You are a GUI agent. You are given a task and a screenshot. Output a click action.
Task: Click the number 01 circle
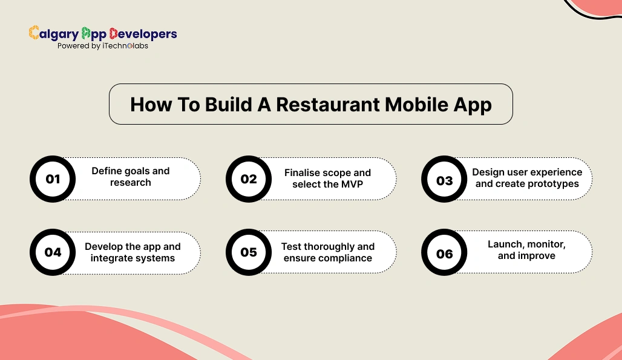point(53,179)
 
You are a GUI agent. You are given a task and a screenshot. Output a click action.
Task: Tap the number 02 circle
point(249,179)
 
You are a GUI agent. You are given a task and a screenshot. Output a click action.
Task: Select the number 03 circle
point(444,180)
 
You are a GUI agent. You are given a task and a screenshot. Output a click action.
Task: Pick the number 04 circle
point(53,252)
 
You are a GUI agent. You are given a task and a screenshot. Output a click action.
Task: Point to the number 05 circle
point(249,252)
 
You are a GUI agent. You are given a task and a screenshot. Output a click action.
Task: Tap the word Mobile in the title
point(416,104)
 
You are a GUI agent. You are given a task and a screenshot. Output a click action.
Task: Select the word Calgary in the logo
point(54,34)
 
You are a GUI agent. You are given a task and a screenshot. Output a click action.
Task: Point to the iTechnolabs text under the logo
point(125,46)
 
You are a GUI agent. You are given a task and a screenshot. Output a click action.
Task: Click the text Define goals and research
point(131,177)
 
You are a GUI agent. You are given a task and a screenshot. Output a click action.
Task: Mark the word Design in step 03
point(488,172)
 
